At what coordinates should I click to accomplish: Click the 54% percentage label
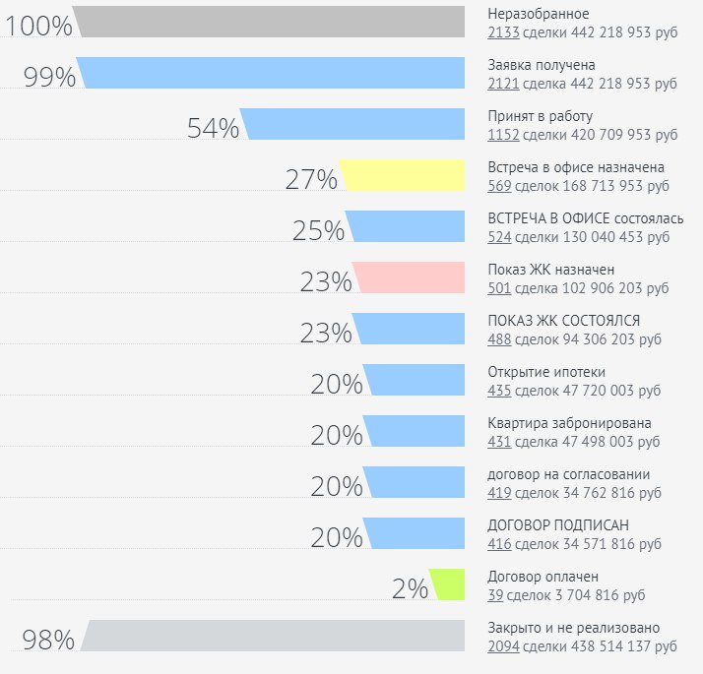213,129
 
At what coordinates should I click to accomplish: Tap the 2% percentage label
410,589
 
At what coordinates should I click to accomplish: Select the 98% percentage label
49,641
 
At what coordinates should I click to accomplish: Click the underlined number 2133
503,31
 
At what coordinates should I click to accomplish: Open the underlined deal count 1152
503,134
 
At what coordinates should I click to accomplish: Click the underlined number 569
499,185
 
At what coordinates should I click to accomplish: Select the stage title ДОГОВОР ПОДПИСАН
558,525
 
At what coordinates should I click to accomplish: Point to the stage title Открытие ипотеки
546,372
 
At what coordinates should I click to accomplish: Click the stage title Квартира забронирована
569,423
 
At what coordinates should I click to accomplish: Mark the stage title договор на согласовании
568,474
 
